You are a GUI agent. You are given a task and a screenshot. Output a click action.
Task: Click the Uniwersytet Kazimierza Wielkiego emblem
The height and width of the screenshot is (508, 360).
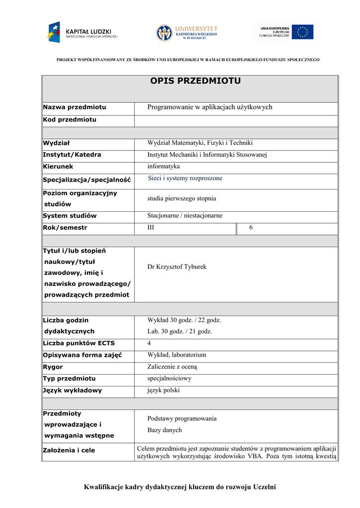(x=165, y=33)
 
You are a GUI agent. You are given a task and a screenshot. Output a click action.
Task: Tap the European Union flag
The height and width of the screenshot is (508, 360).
(x=302, y=32)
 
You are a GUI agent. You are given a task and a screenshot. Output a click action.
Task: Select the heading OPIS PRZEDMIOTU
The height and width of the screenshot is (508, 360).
(x=195, y=81)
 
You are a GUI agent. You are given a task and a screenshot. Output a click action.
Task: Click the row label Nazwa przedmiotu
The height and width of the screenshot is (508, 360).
(x=74, y=107)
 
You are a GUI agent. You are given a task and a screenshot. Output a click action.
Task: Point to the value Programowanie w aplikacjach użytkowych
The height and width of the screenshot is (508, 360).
(x=210, y=107)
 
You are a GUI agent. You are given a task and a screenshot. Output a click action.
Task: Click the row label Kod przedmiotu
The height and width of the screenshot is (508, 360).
(x=70, y=120)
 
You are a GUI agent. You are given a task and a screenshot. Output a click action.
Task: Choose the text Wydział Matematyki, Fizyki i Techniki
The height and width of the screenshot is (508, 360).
(x=200, y=143)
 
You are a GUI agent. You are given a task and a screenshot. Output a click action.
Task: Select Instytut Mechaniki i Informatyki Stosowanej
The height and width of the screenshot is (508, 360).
(x=207, y=155)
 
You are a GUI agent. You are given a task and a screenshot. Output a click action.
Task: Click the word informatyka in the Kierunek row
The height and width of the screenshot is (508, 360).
(x=163, y=166)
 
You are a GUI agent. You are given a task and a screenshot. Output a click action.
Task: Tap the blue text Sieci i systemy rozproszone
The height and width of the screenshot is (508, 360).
(x=185, y=178)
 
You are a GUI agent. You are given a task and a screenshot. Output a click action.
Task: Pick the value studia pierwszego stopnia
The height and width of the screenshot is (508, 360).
(x=182, y=198)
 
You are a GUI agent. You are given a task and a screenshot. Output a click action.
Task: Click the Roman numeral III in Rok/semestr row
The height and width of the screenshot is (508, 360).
(x=151, y=227)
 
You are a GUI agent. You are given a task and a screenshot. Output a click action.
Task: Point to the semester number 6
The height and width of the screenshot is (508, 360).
(x=251, y=227)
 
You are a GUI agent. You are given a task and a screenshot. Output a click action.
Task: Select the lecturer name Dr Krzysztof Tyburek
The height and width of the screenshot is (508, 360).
(x=177, y=267)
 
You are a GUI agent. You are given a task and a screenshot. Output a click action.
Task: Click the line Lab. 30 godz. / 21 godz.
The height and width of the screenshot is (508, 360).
(x=180, y=331)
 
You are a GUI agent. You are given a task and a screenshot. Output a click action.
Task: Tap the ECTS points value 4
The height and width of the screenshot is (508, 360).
(x=149, y=343)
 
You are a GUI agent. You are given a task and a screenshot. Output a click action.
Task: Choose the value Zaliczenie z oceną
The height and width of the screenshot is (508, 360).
(x=172, y=367)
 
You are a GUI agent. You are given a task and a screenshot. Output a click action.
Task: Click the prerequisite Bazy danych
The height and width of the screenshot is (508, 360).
(x=164, y=430)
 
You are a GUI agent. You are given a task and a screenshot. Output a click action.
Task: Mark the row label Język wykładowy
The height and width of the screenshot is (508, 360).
(x=72, y=390)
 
